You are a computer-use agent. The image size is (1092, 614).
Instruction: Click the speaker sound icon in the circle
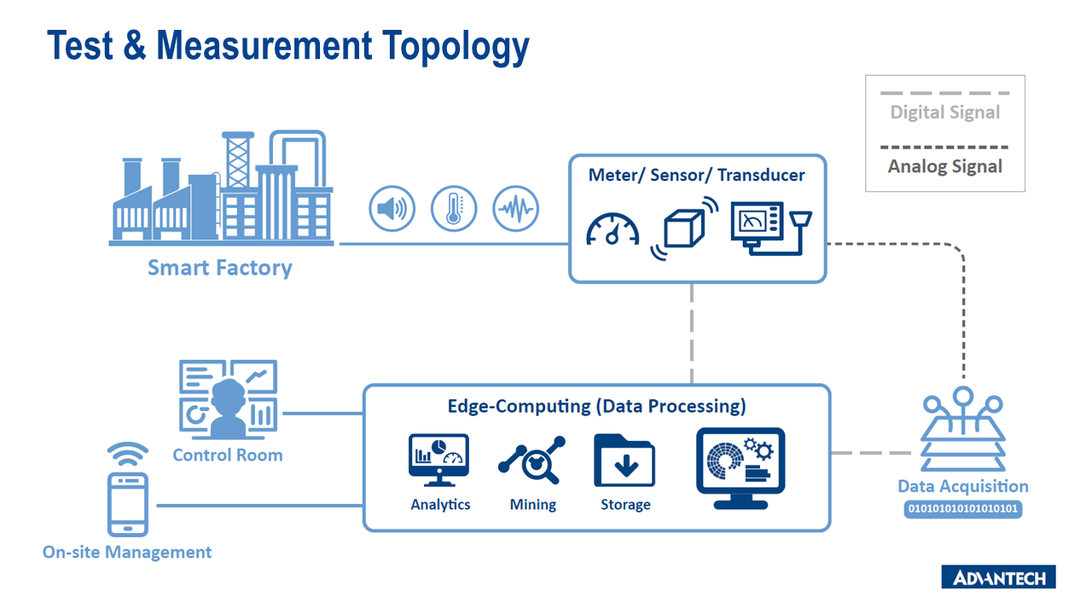[x=392, y=208]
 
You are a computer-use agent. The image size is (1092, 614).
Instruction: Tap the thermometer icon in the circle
[x=454, y=208]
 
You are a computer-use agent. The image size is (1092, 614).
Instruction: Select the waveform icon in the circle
[x=516, y=208]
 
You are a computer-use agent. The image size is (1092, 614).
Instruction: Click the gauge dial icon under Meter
[x=613, y=229]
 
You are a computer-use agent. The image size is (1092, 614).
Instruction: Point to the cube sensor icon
[x=684, y=227]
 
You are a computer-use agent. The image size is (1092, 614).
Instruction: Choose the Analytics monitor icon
[x=439, y=460]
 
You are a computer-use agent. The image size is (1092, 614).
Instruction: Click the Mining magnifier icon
[x=532, y=461]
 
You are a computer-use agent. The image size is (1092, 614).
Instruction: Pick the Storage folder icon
[x=624, y=460]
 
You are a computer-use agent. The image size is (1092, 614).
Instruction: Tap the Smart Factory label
[x=219, y=268]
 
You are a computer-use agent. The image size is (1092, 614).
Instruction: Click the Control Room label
[x=227, y=455]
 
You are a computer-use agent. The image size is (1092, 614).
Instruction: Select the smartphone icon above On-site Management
[x=128, y=503]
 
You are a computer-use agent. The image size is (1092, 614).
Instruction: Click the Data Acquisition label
[x=962, y=487]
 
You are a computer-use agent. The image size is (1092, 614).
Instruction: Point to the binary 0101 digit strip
[x=962, y=509]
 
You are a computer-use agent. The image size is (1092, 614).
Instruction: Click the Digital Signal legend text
[x=945, y=113]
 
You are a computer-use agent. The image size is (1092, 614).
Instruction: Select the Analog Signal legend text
[x=945, y=166]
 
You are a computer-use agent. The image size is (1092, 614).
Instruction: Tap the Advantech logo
[x=998, y=577]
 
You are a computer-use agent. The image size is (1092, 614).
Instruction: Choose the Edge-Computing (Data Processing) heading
[x=596, y=406]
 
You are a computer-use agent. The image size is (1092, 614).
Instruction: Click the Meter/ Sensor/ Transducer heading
[x=696, y=175]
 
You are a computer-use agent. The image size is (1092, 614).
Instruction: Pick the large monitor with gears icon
[x=741, y=468]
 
